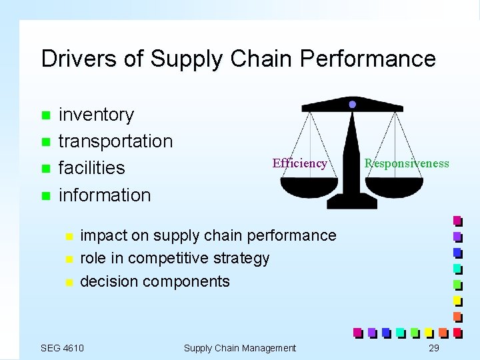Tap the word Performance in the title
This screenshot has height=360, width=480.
[x=368, y=59]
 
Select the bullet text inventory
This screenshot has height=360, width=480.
[x=96, y=115]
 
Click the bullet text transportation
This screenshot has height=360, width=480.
[x=115, y=141]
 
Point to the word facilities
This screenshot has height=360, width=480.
[x=91, y=168]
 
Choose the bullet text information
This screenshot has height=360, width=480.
[x=105, y=195]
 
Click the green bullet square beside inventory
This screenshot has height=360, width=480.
[x=45, y=115]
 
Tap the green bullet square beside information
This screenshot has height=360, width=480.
[x=45, y=195]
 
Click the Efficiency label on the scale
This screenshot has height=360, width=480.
[x=299, y=163]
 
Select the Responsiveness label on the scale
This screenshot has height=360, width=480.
[x=407, y=163]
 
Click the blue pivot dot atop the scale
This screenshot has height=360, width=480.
[x=352, y=105]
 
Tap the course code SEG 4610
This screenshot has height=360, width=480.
[x=62, y=347]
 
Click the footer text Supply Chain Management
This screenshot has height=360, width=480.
[x=239, y=347]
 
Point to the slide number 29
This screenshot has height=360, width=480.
[x=434, y=347]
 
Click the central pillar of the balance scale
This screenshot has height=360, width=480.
[x=351, y=160]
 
